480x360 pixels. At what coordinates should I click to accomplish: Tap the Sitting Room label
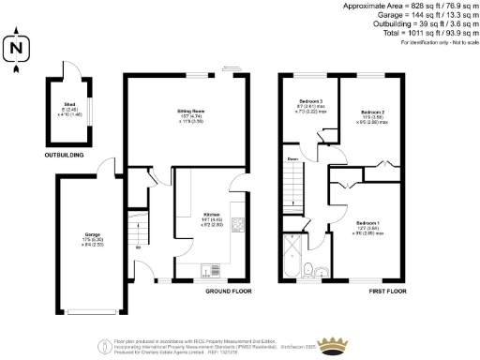tap(191, 114)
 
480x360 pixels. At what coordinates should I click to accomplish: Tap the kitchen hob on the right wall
tap(240, 225)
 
